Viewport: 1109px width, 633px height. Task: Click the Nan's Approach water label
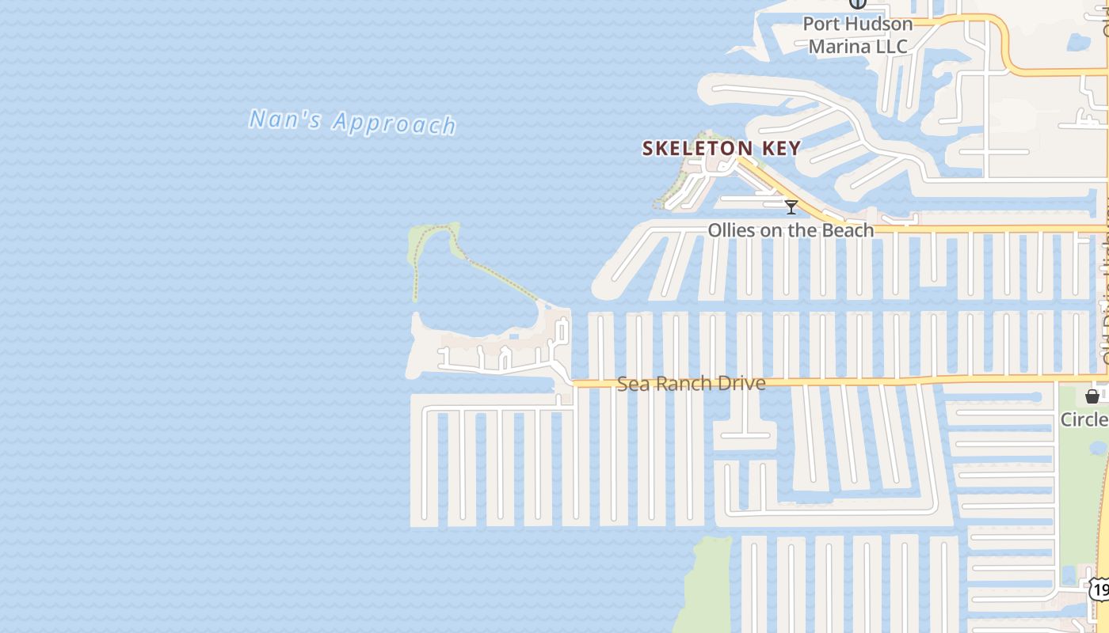point(353,122)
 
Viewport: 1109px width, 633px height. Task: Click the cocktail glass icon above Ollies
point(791,207)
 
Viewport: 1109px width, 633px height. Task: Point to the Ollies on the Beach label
point(791,230)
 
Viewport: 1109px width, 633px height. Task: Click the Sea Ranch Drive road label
point(691,384)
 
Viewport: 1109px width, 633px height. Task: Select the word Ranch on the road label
point(688,384)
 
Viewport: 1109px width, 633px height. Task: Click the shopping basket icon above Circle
point(1092,396)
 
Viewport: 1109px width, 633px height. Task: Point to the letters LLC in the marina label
point(891,47)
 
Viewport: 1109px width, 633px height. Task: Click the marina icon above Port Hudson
point(857,3)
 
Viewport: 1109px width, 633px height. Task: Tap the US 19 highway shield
point(1099,588)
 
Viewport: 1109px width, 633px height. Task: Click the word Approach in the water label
point(394,123)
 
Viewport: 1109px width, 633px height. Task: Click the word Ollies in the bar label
point(731,230)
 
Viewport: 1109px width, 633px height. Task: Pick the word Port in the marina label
point(821,24)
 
